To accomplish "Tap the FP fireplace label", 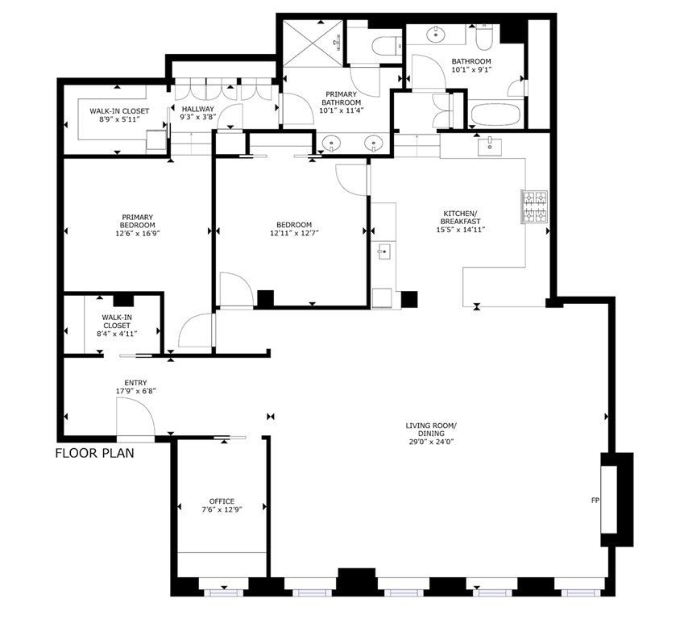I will coord(595,501).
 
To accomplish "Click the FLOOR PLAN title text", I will coord(94,453).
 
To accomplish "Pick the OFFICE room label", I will coord(222,501).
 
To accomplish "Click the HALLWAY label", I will coord(197,109).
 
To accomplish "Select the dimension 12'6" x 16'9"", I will coord(138,235).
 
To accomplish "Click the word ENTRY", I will coord(135,383).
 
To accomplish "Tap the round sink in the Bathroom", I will coord(437,35).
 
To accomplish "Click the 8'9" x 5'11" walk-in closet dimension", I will coord(114,120).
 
